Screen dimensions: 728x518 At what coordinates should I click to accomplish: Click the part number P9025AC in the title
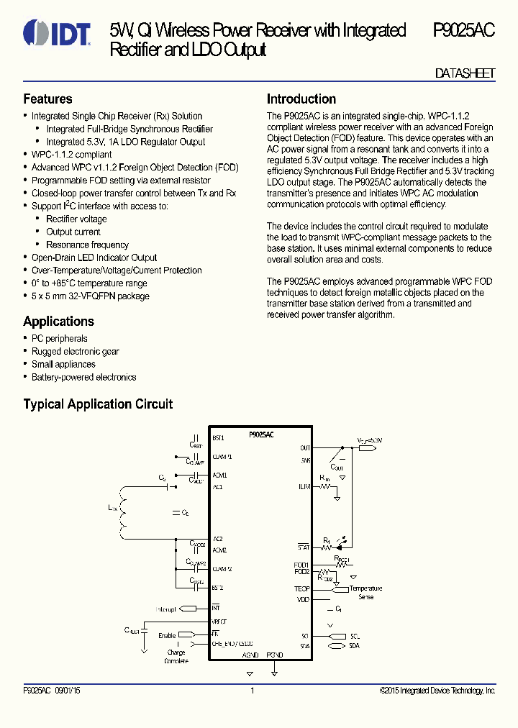coord(463,30)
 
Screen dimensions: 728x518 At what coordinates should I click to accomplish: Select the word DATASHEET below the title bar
coord(465,74)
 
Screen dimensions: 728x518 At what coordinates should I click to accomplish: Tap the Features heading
coord(47,99)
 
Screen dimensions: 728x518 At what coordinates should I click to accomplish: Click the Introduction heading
coord(301,99)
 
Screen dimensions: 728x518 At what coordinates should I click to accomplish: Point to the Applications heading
coord(58,322)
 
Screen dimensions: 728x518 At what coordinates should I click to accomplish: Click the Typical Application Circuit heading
coord(98,404)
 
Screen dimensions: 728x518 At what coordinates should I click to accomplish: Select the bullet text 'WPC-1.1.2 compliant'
coord(71,155)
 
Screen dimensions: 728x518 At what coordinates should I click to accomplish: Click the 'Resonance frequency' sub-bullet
coord(87,245)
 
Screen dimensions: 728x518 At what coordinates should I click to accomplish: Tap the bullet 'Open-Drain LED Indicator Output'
coord(94,258)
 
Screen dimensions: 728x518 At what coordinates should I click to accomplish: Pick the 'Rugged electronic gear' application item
coord(75,352)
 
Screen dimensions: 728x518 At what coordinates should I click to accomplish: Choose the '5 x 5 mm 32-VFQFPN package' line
coord(90,296)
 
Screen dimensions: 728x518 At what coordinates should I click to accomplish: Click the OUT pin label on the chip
coord(305,448)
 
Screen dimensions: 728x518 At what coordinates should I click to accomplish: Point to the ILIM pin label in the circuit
coord(304,486)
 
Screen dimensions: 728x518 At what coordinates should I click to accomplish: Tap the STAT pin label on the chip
coord(303,548)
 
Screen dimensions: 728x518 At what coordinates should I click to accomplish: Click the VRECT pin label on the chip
coord(219,621)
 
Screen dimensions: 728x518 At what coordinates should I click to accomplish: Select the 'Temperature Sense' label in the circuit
coord(365,593)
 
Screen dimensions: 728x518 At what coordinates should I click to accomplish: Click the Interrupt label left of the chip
coord(166,609)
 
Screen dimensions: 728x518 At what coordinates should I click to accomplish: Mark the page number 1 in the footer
coord(253,691)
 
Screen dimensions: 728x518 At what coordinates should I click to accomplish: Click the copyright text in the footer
coord(437,691)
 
